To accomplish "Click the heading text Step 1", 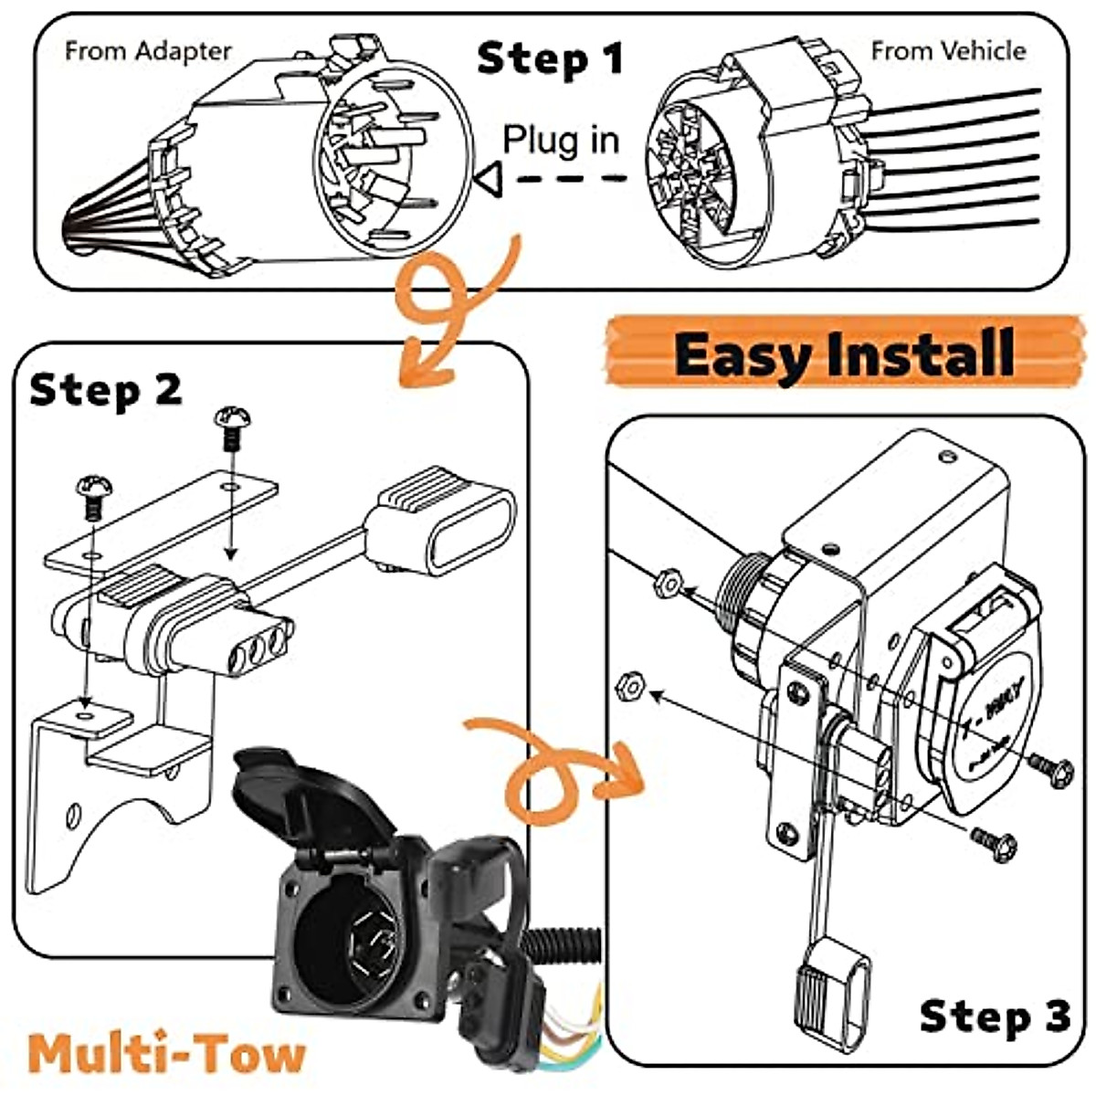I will (x=550, y=58).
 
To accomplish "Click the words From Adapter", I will (x=148, y=51).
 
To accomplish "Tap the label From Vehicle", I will (x=948, y=50).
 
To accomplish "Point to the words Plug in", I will (x=561, y=140).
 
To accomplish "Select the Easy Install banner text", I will (x=845, y=353).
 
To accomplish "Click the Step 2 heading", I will (x=105, y=390).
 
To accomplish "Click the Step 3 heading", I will (x=994, y=1016).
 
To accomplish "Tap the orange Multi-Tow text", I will (x=166, y=1053).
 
